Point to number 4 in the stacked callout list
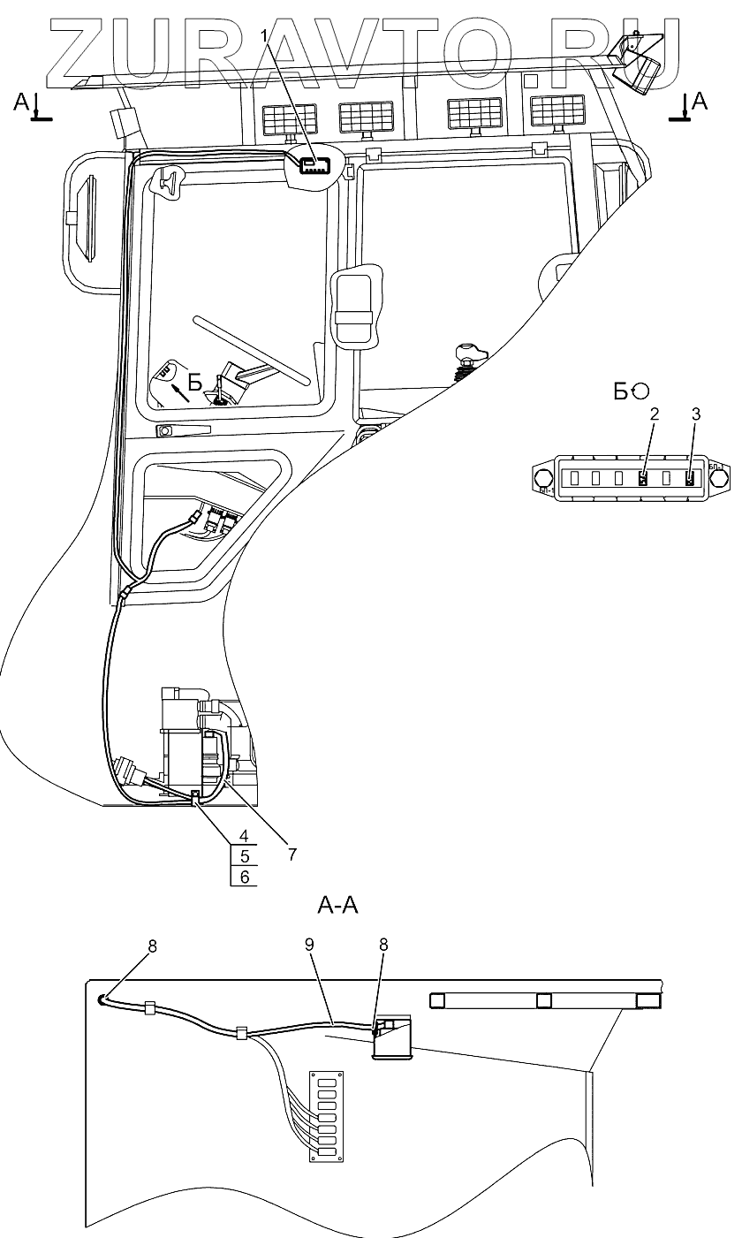[244, 836]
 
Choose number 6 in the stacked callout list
[244, 877]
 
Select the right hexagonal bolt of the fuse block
[717, 478]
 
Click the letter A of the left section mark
[21, 101]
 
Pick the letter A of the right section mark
[700, 101]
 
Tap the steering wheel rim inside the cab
[252, 349]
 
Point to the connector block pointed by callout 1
[314, 165]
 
